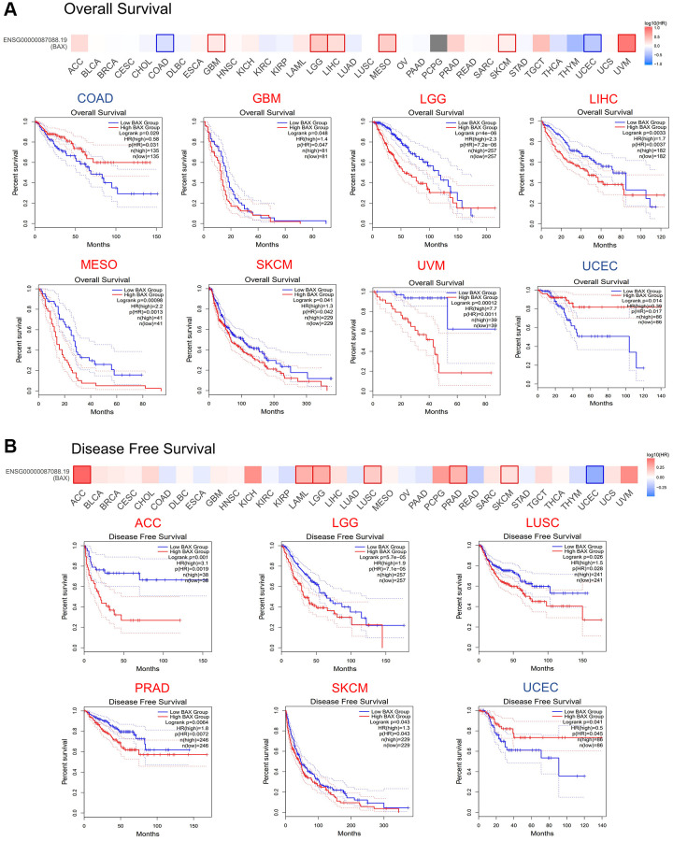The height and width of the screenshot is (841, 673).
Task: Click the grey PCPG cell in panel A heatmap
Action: pos(437,43)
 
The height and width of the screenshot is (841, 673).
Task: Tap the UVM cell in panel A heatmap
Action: pos(627,43)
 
